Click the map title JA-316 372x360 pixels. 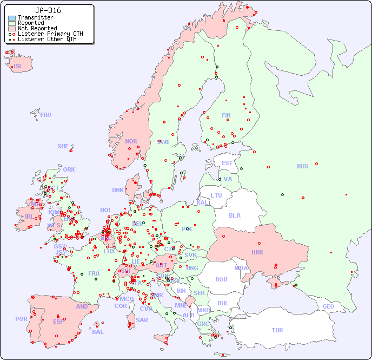click(48, 10)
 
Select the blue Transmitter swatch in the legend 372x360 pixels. click(12, 18)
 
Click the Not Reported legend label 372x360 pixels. click(37, 28)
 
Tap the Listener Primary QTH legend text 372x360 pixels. click(50, 34)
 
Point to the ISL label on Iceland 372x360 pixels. click(18, 67)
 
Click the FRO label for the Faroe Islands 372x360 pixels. click(46, 115)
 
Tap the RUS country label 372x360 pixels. click(302, 166)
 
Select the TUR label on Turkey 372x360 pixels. click(277, 330)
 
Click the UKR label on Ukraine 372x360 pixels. click(257, 252)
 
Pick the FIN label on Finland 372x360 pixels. click(226, 115)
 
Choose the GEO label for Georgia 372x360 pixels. click(328, 306)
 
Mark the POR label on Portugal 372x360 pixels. click(21, 319)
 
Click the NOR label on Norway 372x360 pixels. click(131, 141)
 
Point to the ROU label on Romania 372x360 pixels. click(221, 279)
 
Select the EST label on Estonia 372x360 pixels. click(227, 163)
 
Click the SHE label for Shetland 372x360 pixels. click(63, 146)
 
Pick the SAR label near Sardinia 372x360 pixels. click(142, 320)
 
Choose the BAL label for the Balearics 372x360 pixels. click(97, 332)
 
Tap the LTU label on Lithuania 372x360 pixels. click(216, 195)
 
